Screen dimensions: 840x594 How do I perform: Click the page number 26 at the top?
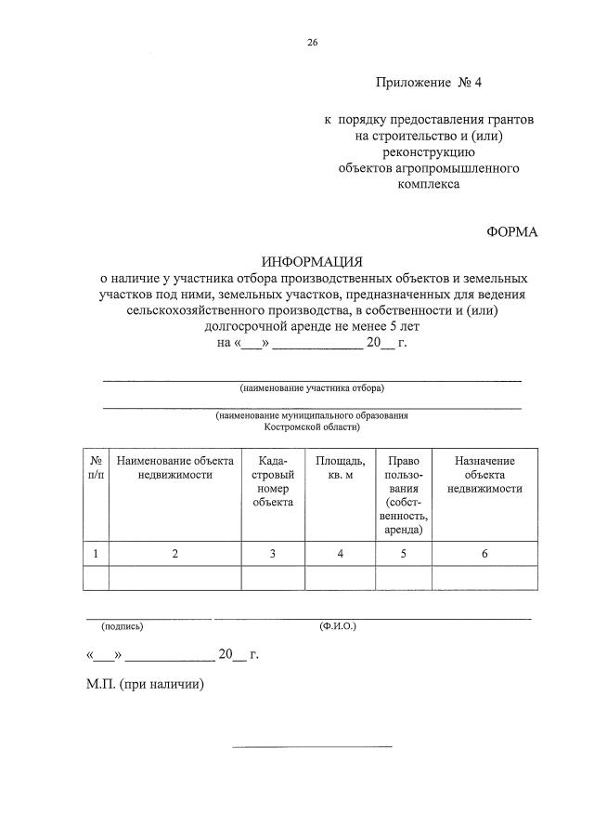pos(312,42)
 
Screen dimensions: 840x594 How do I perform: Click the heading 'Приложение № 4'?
pos(429,82)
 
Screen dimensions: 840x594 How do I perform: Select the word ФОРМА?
pos(511,232)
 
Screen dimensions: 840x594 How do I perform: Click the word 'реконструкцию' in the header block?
pos(428,152)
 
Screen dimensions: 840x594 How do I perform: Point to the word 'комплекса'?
pos(428,184)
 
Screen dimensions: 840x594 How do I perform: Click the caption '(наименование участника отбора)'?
pos(312,387)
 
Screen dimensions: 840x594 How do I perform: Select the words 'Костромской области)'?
pos(312,427)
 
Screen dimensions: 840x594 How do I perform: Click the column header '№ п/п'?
pos(96,467)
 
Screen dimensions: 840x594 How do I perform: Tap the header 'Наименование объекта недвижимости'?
pos(174,467)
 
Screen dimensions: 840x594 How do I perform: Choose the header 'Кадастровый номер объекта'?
pos(273,481)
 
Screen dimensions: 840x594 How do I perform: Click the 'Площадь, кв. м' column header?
pos(340,467)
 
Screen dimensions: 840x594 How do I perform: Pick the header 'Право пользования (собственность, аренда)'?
pos(404,494)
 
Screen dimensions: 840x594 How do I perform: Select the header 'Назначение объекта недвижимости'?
pos(484,474)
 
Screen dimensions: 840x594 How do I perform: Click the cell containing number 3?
pos(273,554)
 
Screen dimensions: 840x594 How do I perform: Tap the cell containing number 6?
pos(484,554)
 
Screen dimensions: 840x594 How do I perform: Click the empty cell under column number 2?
pos(174,578)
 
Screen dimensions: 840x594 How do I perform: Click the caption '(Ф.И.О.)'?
pos(337,626)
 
